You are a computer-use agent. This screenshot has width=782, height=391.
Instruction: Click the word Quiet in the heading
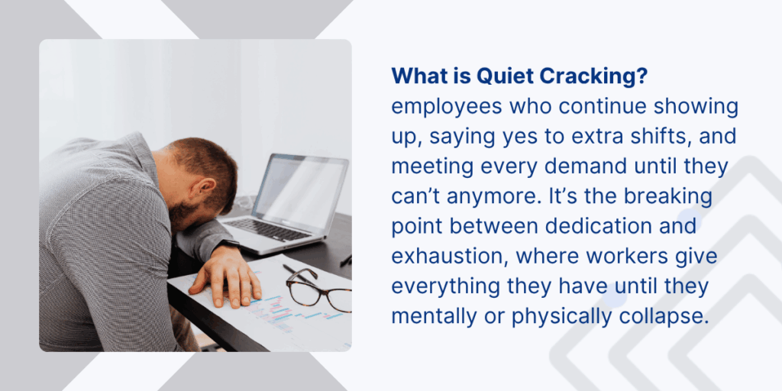click(502, 76)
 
